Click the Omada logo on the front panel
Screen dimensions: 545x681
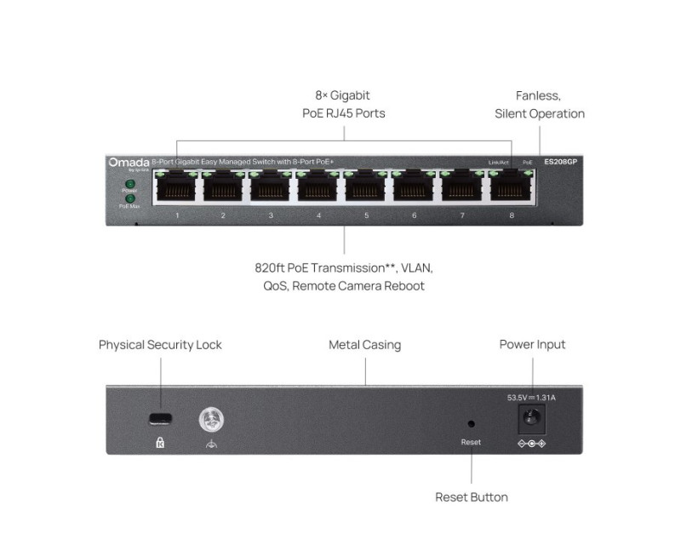pyautogui.click(x=129, y=161)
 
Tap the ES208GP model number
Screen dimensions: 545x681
pyautogui.click(x=560, y=161)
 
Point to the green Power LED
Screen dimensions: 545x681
pyautogui.click(x=129, y=183)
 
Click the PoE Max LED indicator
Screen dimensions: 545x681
pyautogui.click(x=129, y=198)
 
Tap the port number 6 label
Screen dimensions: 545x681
pyautogui.click(x=415, y=215)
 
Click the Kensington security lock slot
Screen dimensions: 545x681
pyautogui.click(x=159, y=419)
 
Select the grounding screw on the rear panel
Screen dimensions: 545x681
pyautogui.click(x=209, y=419)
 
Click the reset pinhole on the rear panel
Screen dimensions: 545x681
pyautogui.click(x=471, y=422)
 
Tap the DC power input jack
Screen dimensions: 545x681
pyautogui.click(x=532, y=418)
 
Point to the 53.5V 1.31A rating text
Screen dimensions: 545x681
pyautogui.click(x=531, y=397)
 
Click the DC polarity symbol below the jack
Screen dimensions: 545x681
pyautogui.click(x=532, y=444)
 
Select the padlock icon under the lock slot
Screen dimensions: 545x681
pyautogui.click(x=159, y=443)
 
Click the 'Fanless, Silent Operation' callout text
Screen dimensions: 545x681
pyautogui.click(x=540, y=105)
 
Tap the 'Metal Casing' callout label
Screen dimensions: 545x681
pyautogui.click(x=364, y=345)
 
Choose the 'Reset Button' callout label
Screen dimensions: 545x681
pyautogui.click(x=472, y=496)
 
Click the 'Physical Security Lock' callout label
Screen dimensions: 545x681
pyautogui.click(x=160, y=345)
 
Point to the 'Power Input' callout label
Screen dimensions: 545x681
pyautogui.click(x=532, y=345)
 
